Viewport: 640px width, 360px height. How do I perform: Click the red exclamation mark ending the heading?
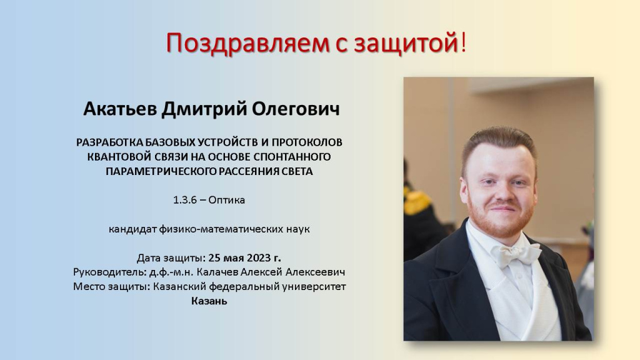463,42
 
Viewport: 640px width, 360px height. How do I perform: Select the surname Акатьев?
120,109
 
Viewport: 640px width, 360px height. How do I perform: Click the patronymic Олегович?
296,109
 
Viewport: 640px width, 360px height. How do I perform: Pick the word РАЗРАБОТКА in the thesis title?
110,142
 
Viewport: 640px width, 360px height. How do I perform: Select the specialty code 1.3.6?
185,200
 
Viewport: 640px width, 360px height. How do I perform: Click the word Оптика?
226,200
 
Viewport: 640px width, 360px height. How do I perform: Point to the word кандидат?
132,229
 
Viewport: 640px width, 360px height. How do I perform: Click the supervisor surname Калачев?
217,272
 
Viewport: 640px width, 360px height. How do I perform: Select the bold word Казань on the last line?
209,301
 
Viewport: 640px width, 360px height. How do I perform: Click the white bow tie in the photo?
517,252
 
